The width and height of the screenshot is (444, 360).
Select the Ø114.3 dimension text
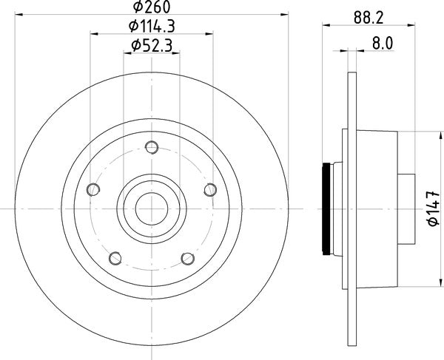(x=152, y=27)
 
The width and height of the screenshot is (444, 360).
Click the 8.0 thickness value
(x=382, y=43)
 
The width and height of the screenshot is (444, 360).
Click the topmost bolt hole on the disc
(x=152, y=149)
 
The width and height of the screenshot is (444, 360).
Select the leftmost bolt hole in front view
(x=92, y=191)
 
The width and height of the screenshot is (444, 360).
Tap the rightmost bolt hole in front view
(x=210, y=191)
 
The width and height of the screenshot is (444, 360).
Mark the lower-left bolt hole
(x=115, y=259)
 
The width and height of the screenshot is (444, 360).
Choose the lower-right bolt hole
(x=188, y=259)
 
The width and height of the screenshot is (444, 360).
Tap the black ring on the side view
(x=325, y=208)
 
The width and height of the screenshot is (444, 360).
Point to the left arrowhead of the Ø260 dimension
(x=18, y=14)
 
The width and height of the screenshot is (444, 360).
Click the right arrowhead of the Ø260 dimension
(x=284, y=14)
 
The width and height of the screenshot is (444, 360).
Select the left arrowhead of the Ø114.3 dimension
(x=92, y=33)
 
